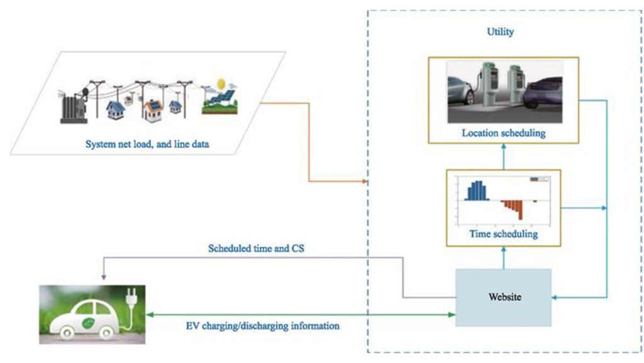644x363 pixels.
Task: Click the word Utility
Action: click(500, 32)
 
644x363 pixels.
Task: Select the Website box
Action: click(502, 297)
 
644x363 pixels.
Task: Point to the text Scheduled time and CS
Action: click(257, 248)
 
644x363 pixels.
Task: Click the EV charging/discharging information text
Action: click(263, 326)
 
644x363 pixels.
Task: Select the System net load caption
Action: click(147, 144)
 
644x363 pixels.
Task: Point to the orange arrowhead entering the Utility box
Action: click(364, 182)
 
